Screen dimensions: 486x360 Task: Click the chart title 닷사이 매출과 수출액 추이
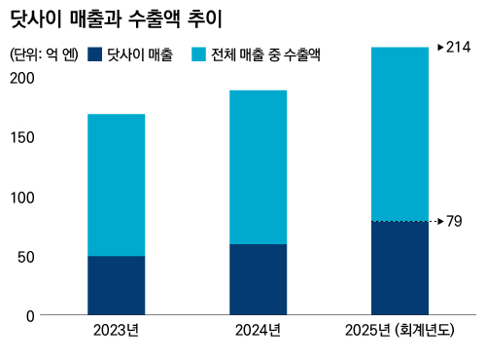(x=117, y=19)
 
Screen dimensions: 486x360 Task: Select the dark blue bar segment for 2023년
(x=117, y=285)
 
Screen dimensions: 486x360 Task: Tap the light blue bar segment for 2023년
(x=117, y=185)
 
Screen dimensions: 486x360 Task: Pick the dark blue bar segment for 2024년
(x=259, y=279)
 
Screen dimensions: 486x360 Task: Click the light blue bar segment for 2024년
(x=259, y=167)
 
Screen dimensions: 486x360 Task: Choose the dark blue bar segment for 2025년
(x=399, y=269)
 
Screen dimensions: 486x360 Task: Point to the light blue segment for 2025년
(x=399, y=134)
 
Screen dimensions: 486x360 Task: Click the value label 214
(x=458, y=48)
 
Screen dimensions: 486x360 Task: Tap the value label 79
(x=454, y=222)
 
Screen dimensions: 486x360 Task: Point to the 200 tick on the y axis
(x=22, y=78)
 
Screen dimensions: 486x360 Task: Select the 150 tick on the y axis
(x=22, y=138)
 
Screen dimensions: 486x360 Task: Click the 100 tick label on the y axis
(x=22, y=198)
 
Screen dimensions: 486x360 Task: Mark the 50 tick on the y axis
(x=26, y=257)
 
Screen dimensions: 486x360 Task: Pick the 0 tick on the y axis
(x=30, y=316)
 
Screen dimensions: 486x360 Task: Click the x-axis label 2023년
(x=116, y=331)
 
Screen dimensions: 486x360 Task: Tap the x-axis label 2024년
(x=258, y=331)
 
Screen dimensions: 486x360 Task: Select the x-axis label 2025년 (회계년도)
(x=399, y=331)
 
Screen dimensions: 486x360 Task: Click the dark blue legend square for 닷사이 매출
(x=95, y=54)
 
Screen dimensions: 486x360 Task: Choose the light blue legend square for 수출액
(x=198, y=54)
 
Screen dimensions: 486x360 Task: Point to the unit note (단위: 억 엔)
(x=44, y=54)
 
